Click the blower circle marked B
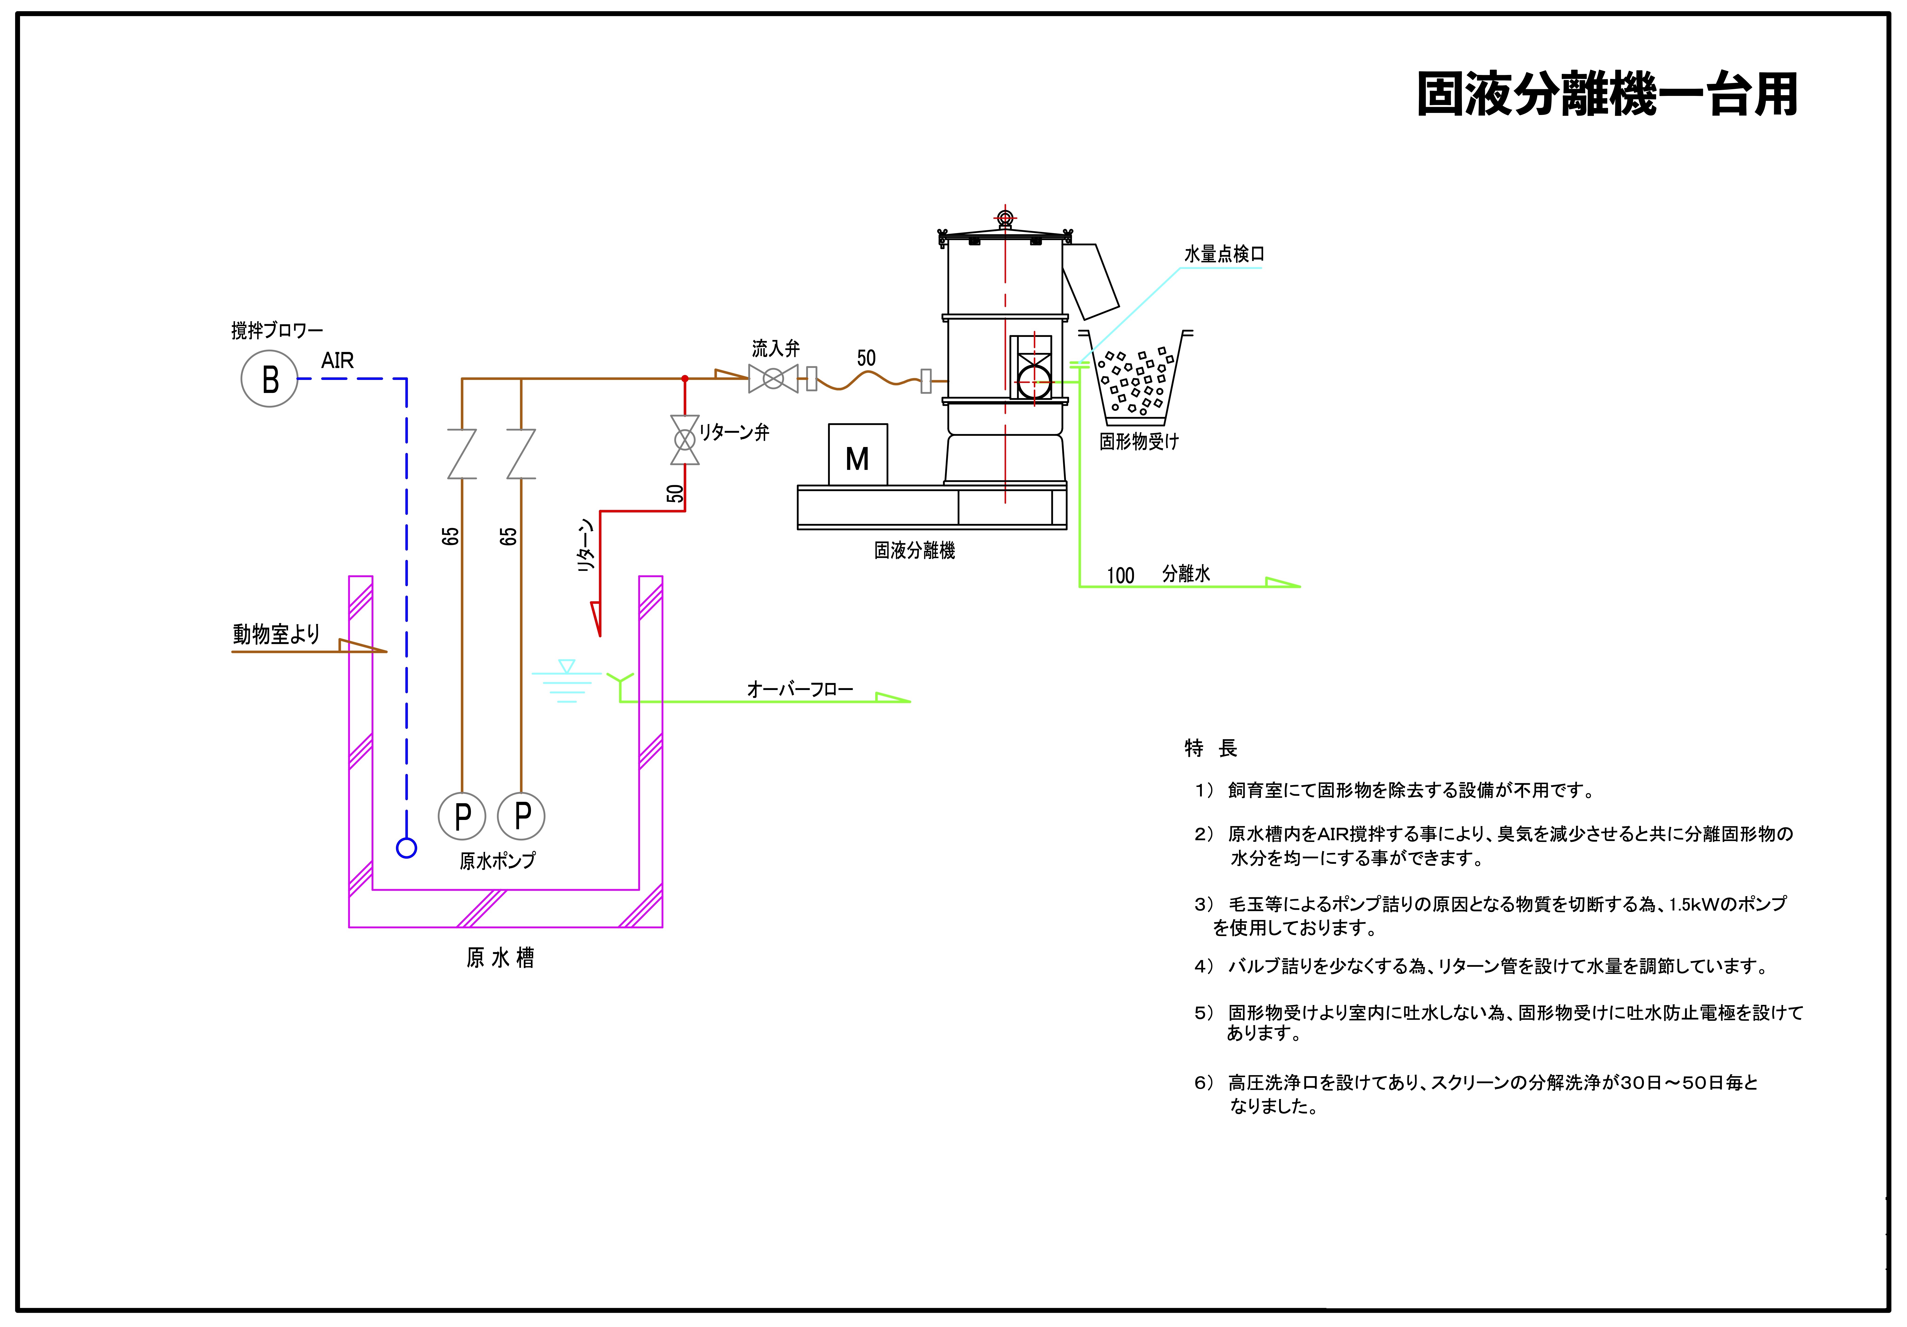(x=269, y=379)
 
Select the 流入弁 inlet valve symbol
(x=773, y=379)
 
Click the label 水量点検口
(x=1223, y=254)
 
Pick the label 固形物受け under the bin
(x=1139, y=441)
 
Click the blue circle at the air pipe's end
(x=406, y=848)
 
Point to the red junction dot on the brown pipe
(x=685, y=379)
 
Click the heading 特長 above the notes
(x=1211, y=748)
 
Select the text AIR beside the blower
(x=337, y=361)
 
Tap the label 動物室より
(x=276, y=634)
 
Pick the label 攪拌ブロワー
(x=277, y=331)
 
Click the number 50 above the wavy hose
(x=866, y=358)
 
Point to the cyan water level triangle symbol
(x=566, y=666)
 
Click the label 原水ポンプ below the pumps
(x=498, y=861)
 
